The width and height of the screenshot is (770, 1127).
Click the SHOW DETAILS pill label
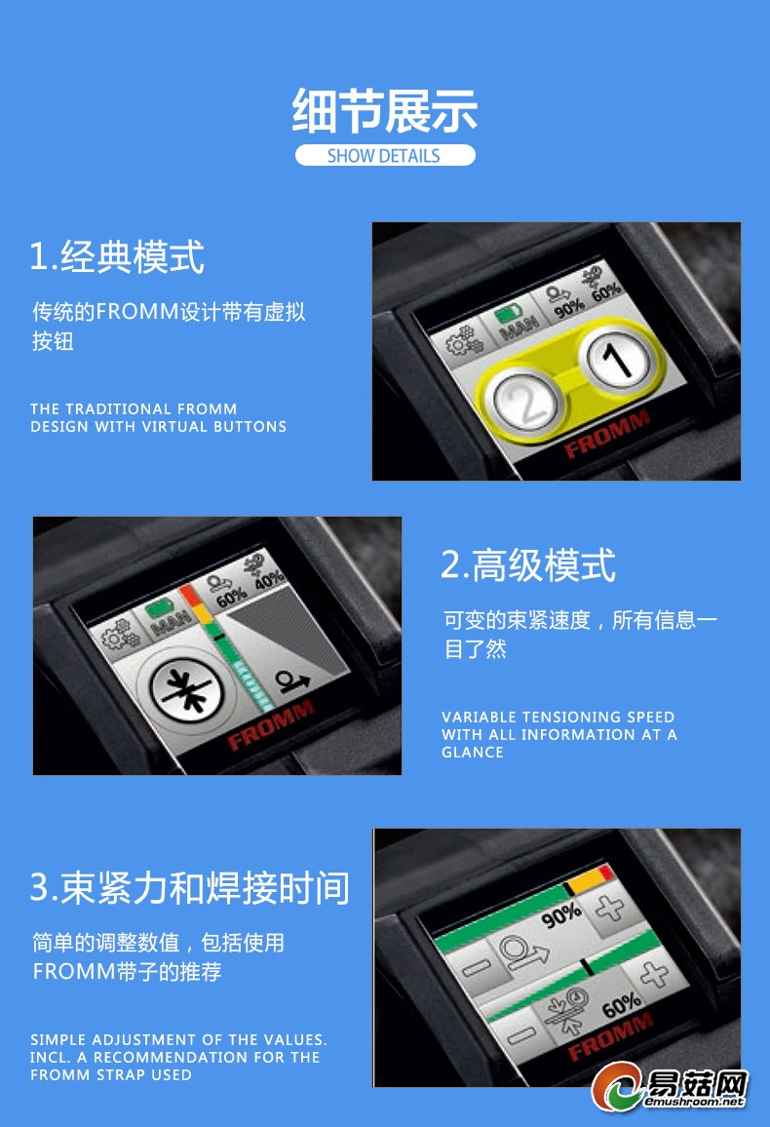[384, 155]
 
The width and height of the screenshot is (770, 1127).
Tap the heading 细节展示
[385, 111]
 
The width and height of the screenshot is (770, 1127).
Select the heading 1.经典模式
[117, 255]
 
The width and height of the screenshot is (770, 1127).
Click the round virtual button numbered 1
[617, 360]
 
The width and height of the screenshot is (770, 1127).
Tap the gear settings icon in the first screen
[464, 340]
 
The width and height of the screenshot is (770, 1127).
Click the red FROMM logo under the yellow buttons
[607, 433]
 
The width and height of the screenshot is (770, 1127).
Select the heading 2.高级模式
[528, 564]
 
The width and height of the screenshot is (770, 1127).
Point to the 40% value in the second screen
[269, 579]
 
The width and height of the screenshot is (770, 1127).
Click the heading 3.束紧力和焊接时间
[190, 887]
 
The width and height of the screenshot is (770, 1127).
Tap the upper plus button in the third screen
[610, 908]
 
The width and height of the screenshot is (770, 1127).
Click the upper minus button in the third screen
[477, 967]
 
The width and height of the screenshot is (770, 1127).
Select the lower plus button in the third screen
[654, 975]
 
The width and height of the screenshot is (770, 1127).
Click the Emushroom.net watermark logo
[670, 1086]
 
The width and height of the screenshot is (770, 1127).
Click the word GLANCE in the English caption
[473, 753]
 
